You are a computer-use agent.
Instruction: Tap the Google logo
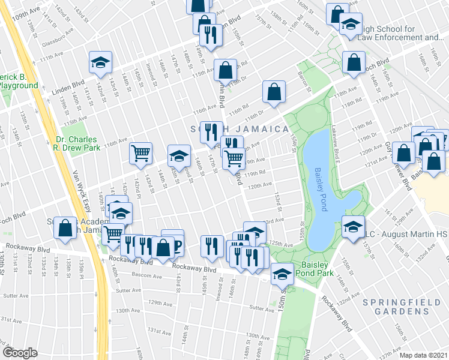(19, 353)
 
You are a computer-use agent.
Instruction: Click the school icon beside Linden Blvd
(101, 61)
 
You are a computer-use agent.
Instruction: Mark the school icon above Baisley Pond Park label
(281, 274)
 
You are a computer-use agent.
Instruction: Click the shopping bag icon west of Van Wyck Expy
(64, 227)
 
